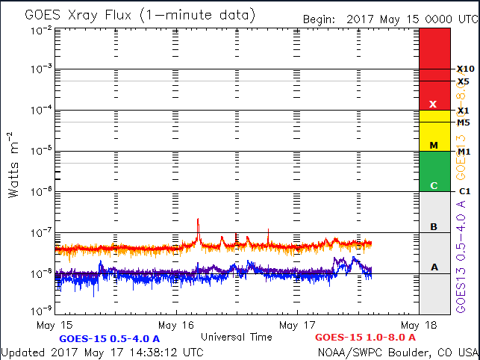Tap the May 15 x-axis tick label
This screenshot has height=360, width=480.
pyautogui.click(x=56, y=325)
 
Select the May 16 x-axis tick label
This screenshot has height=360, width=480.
pyautogui.click(x=177, y=325)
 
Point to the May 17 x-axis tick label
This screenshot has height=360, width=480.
pyautogui.click(x=298, y=325)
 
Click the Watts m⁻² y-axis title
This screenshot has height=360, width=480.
pyautogui.click(x=13, y=165)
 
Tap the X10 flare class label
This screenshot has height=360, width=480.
pyautogui.click(x=465, y=69)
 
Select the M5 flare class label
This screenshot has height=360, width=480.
pyautogui.click(x=464, y=122)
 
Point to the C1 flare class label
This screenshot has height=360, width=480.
pyautogui.click(x=464, y=191)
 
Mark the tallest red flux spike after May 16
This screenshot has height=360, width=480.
pyautogui.click(x=198, y=220)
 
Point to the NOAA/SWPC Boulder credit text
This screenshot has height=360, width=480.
pyautogui.click(x=397, y=352)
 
